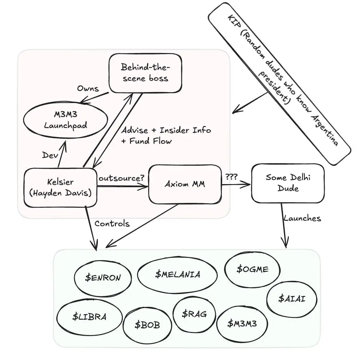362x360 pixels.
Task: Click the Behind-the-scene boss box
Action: click(x=145, y=73)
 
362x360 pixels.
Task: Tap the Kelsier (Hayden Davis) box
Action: click(x=60, y=187)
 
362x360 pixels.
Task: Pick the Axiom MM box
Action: click(x=185, y=184)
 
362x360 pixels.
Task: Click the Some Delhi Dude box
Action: click(x=287, y=183)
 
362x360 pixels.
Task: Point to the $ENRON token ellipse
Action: click(x=103, y=278)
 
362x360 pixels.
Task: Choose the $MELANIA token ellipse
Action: click(x=177, y=274)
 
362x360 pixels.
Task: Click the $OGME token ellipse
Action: click(x=252, y=269)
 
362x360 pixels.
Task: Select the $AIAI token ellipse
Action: click(x=292, y=298)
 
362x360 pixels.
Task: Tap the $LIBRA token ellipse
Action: click(x=89, y=317)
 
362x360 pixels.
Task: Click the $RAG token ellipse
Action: click(x=194, y=313)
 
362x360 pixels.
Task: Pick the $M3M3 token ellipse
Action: click(x=242, y=323)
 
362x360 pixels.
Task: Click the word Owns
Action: click(x=88, y=89)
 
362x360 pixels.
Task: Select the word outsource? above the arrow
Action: click(x=121, y=179)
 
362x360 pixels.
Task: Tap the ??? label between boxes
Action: click(x=232, y=177)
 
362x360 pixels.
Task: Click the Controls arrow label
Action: click(x=112, y=224)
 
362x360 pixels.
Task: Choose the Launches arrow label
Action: click(x=302, y=218)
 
